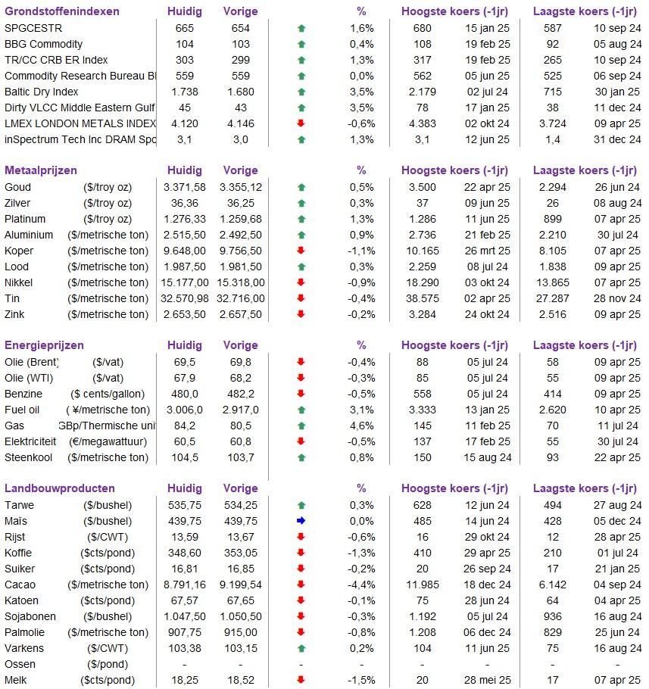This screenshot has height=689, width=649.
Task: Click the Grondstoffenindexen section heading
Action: [62, 11]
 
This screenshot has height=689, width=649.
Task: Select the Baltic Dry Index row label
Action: [42, 92]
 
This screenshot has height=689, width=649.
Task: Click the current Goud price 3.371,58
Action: [185, 187]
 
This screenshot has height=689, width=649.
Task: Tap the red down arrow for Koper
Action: [301, 251]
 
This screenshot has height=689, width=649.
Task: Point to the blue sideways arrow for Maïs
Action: [301, 521]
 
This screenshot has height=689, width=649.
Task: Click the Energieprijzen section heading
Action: [44, 345]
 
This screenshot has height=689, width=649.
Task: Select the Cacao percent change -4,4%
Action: [361, 585]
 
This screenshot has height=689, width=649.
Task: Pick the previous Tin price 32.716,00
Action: [241, 299]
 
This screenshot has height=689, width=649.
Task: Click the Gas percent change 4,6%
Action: [362, 426]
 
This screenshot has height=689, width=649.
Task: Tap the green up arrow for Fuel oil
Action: [301, 410]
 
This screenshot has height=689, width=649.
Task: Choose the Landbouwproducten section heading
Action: [59, 488]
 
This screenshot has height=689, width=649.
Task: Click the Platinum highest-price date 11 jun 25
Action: [487, 220]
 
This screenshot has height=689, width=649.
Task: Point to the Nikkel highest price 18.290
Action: [423, 282]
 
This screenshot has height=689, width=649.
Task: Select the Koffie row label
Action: [18, 553]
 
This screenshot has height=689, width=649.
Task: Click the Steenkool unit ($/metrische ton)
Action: [108, 458]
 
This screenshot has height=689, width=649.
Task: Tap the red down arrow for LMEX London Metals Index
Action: [301, 123]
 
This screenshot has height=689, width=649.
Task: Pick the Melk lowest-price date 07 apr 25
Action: [617, 680]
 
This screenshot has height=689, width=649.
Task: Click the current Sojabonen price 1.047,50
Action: [185, 616]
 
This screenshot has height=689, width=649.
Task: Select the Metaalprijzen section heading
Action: [41, 170]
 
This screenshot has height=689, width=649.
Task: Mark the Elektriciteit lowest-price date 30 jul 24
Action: [617, 441]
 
